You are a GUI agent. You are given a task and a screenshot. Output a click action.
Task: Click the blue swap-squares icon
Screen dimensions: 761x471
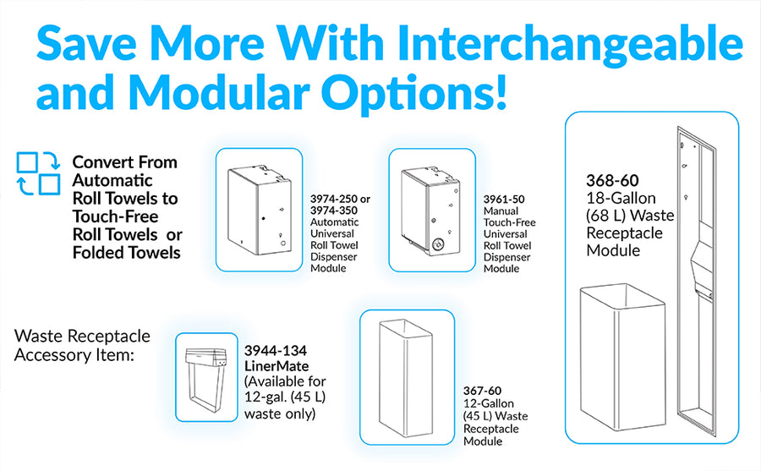click(38, 173)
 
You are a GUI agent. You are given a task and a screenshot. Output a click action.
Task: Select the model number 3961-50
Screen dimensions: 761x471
click(504, 199)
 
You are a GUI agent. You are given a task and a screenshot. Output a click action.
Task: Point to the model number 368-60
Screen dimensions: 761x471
click(612, 181)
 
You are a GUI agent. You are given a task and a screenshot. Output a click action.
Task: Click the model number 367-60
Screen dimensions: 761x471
click(482, 391)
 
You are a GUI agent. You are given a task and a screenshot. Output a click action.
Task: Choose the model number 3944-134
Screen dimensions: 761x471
click(275, 350)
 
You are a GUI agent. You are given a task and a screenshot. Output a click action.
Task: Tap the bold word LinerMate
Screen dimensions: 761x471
click(276, 365)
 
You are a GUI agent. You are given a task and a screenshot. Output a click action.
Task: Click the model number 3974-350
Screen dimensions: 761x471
click(334, 211)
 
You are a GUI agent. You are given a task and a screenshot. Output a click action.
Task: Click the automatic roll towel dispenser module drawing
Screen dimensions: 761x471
click(260, 210)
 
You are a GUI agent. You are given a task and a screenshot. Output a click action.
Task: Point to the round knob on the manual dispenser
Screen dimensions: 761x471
click(439, 244)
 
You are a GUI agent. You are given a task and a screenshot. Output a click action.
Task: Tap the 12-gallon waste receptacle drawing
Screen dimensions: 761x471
click(406, 378)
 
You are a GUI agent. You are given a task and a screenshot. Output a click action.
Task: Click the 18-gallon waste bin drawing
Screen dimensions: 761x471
click(622, 357)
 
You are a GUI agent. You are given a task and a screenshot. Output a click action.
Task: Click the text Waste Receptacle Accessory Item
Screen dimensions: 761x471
click(82, 345)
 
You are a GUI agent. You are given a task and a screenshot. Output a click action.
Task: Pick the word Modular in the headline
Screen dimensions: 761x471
click(219, 92)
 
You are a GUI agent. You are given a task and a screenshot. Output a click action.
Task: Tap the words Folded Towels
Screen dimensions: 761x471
click(126, 253)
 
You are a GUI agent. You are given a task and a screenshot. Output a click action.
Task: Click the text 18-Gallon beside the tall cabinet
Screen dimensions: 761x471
click(621, 198)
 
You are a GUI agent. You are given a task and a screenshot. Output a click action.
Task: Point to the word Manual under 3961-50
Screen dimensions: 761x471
click(501, 211)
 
